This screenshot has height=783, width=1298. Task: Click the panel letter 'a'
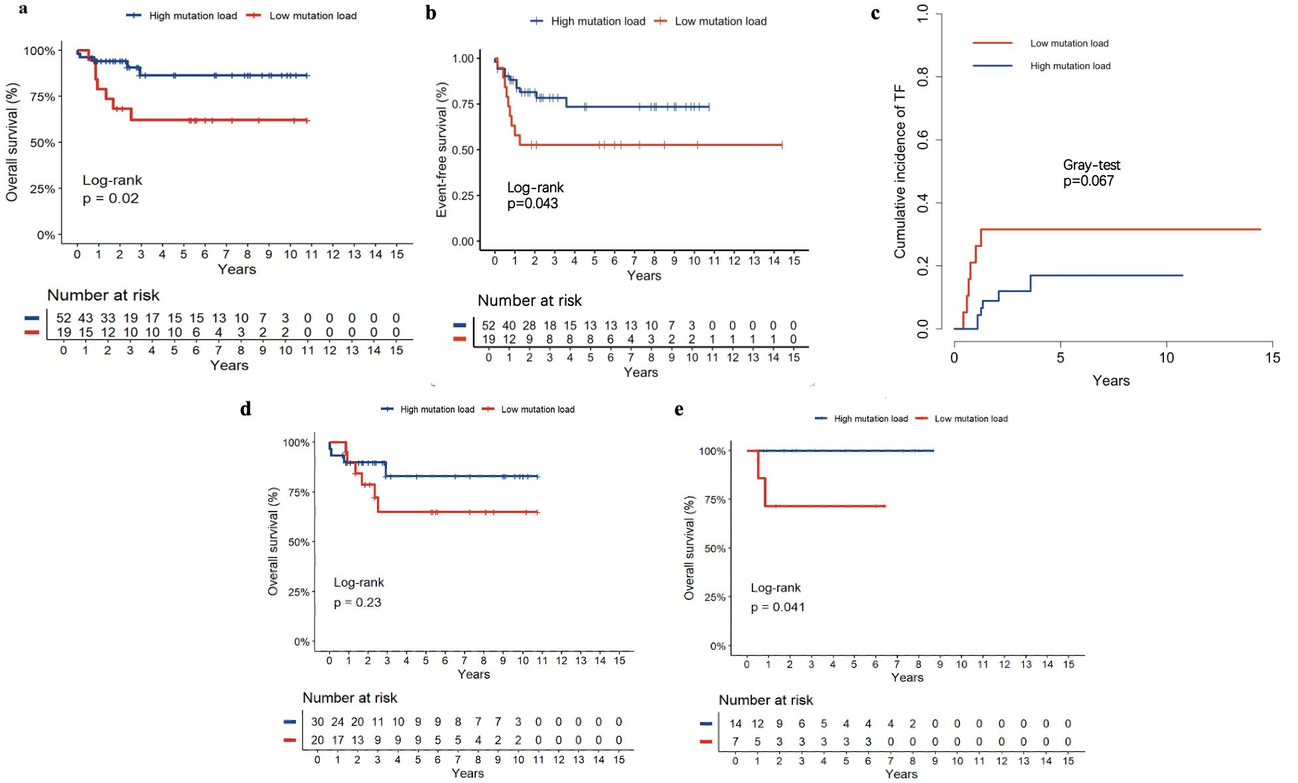coord(23,9)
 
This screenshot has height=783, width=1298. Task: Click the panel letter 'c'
coord(875,14)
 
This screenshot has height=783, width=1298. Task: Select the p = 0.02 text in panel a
coord(111,198)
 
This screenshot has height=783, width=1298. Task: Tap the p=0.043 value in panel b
coord(532,204)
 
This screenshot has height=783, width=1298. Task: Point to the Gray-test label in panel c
coord(1091,165)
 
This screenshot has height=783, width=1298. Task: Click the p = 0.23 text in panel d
coord(358,603)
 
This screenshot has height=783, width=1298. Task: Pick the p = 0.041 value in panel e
coord(778,607)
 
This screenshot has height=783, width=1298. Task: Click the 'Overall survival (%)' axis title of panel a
coord(12,142)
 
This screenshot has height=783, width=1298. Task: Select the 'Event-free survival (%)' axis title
coord(441,150)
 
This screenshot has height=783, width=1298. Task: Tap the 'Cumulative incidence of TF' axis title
coord(899,171)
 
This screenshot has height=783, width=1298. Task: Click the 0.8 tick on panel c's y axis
coord(922,77)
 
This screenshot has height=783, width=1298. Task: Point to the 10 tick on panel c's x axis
coord(1166,358)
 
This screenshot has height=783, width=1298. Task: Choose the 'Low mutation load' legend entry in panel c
coord(1069,43)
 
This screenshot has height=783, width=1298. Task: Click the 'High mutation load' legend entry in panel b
coord(597,21)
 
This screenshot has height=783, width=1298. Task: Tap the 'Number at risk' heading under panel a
coord(103,295)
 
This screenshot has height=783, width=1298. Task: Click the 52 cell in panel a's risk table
coord(63,319)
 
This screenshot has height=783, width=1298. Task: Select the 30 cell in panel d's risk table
coord(317,722)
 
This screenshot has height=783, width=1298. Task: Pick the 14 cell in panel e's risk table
coord(735,724)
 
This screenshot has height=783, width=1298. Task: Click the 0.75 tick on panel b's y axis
coord(463,104)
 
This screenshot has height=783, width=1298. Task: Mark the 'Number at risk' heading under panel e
coord(765,700)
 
